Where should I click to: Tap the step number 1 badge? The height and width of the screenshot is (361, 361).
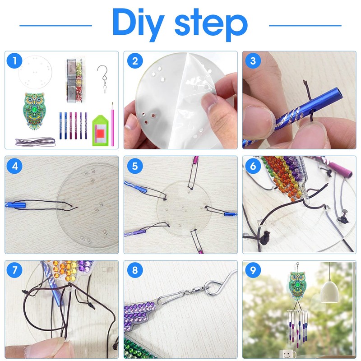pyautogui.click(x=14, y=61)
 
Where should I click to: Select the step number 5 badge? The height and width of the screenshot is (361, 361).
pyautogui.click(x=135, y=166)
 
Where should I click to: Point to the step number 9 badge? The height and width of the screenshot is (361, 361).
pyautogui.click(x=253, y=270)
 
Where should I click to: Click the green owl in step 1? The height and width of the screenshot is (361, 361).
pyautogui.click(x=34, y=111)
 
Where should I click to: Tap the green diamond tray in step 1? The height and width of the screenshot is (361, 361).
pyautogui.click(x=101, y=130)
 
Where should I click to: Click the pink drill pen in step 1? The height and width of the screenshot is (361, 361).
pyautogui.click(x=112, y=125)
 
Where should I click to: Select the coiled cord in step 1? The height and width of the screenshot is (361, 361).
pyautogui.click(x=36, y=142)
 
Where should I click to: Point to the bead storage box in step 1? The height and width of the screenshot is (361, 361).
pyautogui.click(x=74, y=81)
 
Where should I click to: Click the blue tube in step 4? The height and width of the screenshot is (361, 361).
pyautogui.click(x=16, y=204)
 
